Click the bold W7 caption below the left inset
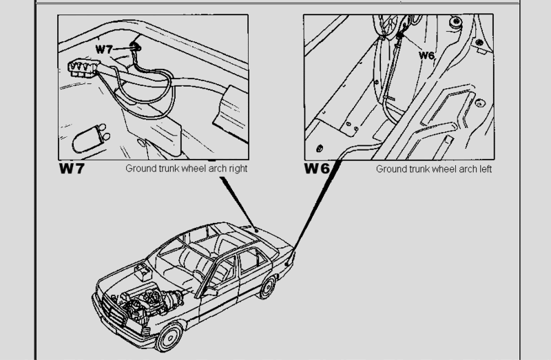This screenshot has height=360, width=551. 71,168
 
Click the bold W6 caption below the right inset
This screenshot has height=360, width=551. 319,168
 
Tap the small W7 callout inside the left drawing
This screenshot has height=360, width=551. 104,50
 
